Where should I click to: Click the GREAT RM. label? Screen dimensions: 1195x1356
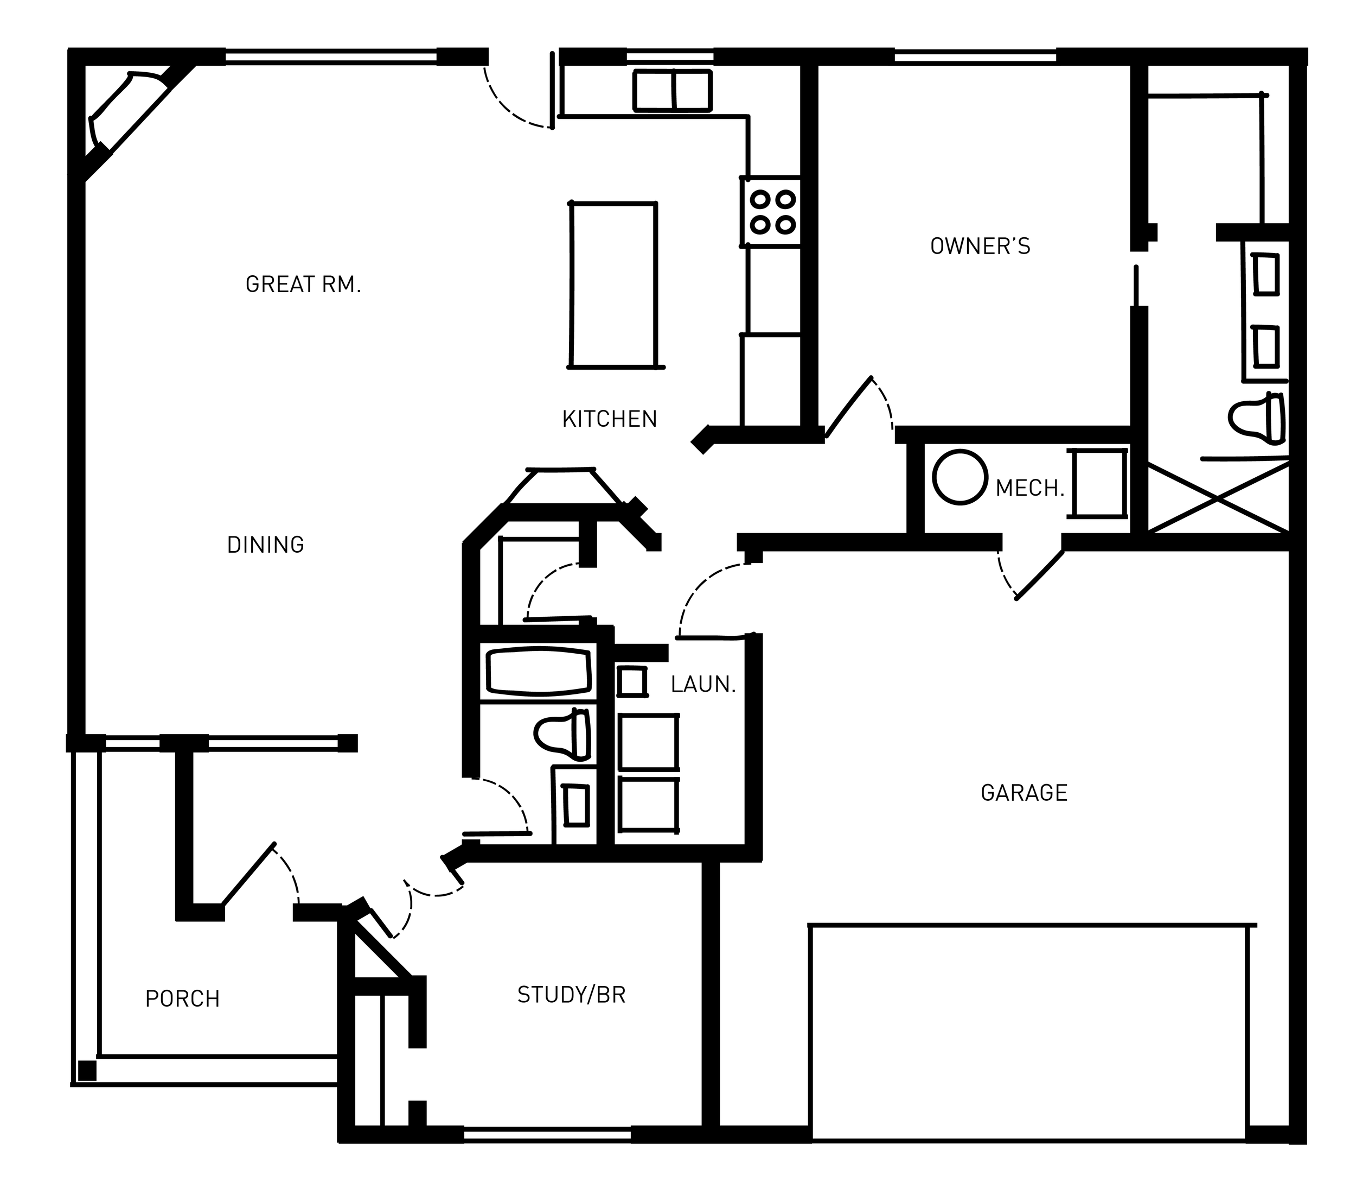(x=303, y=285)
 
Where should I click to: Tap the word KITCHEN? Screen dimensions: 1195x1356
(x=609, y=420)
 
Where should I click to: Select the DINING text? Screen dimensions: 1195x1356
(x=265, y=545)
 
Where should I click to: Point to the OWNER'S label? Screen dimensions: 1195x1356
(x=980, y=247)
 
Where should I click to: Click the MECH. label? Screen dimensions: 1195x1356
(x=1029, y=489)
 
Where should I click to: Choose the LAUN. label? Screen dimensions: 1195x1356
(x=703, y=685)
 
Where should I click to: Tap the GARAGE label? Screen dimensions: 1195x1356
(x=1024, y=793)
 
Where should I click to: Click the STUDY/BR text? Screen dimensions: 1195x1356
(x=571, y=995)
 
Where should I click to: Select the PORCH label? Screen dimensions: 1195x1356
(x=182, y=999)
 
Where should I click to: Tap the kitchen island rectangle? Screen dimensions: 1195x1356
(x=613, y=286)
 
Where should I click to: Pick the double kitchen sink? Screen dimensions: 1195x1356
(x=672, y=90)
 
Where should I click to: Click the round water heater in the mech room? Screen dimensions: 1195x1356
(x=960, y=477)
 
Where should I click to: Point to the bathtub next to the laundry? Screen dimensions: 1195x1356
(x=539, y=671)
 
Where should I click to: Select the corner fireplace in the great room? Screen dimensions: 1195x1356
(x=126, y=113)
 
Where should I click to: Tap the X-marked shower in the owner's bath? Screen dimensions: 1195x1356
(x=1218, y=498)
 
